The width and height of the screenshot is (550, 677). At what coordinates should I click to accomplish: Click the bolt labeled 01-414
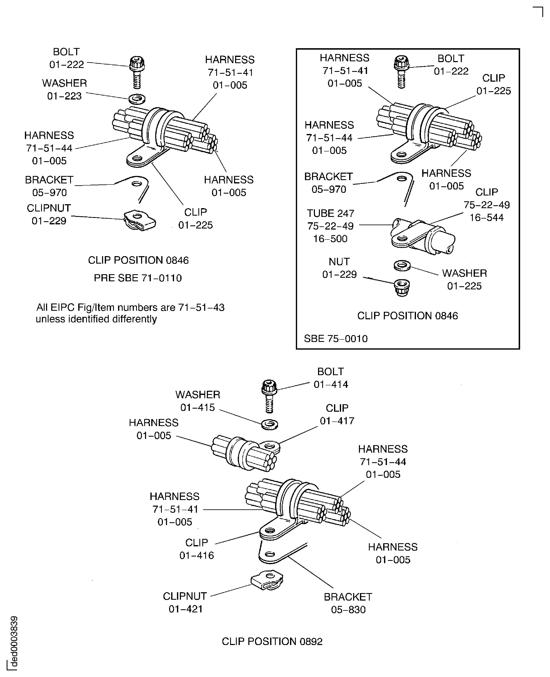[269, 396]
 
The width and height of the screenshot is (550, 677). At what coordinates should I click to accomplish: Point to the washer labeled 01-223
[137, 99]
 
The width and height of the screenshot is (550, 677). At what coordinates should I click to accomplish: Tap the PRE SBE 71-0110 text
[138, 278]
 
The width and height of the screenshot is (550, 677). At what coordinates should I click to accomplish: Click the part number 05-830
[348, 609]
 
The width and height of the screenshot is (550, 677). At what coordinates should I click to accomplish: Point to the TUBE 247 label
[330, 213]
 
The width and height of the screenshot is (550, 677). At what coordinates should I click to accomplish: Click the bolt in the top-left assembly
[137, 72]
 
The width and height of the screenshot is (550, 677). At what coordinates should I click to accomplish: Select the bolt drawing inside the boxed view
[401, 72]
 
